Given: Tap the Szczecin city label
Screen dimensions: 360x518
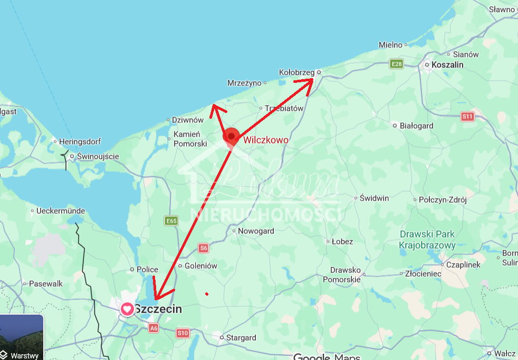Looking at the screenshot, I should pos(158,309).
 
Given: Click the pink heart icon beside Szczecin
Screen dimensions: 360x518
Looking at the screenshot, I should pos(127,309).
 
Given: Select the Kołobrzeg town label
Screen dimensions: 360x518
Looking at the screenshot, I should pos(296,72).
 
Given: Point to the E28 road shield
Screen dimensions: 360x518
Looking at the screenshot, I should pos(396,64).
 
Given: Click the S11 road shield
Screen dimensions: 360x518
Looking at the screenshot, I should pos(467,116).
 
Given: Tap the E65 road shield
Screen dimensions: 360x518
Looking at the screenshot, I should pos(171,221).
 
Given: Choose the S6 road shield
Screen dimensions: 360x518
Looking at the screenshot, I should pos(204,248).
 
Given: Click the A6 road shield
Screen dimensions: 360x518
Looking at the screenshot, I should pos(153,328).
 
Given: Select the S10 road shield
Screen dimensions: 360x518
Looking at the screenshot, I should pos(183,333).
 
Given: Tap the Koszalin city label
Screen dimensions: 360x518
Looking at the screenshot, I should pos(447,64).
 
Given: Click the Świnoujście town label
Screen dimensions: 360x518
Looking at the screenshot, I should pos(98,156).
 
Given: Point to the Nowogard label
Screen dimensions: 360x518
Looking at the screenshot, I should pos(256,231).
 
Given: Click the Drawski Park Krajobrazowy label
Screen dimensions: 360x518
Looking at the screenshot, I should pos(427,240).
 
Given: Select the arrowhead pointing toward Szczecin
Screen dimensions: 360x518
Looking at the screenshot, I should pos(157,296).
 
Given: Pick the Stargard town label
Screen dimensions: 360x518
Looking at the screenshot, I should pos(241,337).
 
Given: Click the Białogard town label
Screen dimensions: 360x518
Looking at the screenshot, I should pos(416,126).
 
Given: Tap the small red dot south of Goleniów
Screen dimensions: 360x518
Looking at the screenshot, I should pos(207,293).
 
